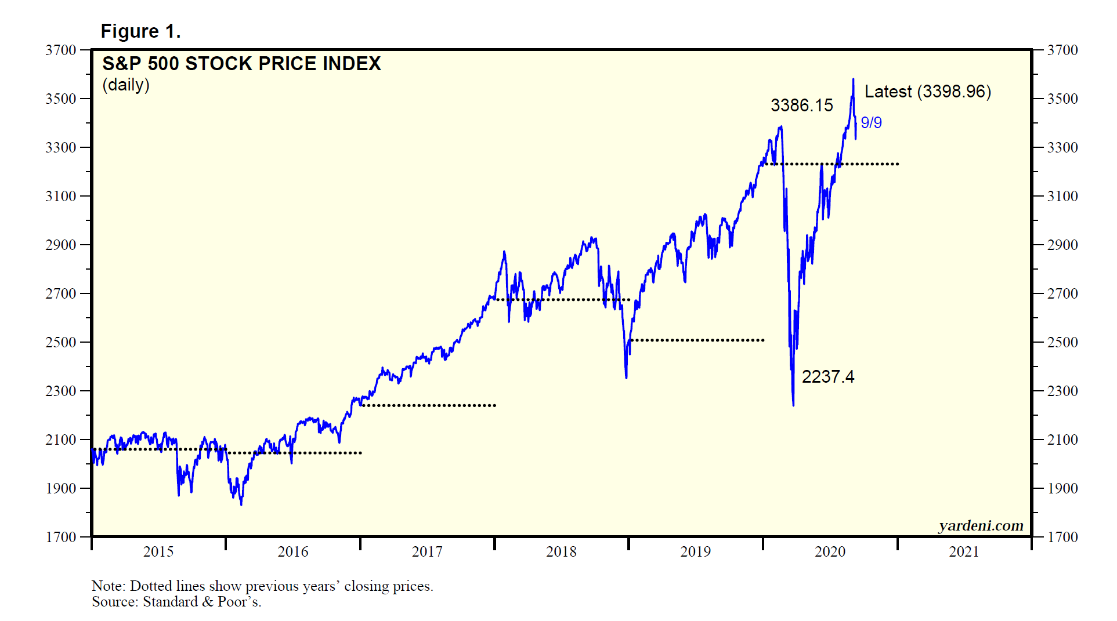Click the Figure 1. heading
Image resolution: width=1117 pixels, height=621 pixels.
tap(140, 31)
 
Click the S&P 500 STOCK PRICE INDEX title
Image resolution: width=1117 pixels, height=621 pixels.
tap(241, 63)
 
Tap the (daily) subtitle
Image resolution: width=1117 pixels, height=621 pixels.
tap(126, 85)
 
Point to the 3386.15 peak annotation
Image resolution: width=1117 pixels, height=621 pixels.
tap(801, 106)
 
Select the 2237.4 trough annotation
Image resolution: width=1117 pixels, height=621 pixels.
tap(827, 377)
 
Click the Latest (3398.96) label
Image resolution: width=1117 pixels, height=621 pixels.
tap(927, 92)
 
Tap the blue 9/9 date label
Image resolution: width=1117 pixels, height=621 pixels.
tap(871, 123)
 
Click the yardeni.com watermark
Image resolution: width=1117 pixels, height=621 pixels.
tap(981, 525)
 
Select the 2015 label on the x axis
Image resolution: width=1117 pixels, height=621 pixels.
tap(158, 551)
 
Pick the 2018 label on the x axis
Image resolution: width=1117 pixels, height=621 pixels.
tap(561, 551)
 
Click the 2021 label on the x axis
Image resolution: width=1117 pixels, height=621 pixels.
tap(964, 551)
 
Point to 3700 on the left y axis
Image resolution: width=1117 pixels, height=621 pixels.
tap(61, 50)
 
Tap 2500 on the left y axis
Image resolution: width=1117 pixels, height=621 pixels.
tap(61, 342)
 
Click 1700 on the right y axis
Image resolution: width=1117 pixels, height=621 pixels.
tap(1062, 537)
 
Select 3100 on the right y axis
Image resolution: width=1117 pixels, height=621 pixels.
tap(1062, 196)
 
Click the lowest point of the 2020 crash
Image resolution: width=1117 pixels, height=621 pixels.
tap(793, 405)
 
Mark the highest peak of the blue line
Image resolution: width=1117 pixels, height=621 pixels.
tap(853, 79)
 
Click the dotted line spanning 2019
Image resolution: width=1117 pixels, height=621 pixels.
tap(696, 340)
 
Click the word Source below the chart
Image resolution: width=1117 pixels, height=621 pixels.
tap(115, 602)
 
